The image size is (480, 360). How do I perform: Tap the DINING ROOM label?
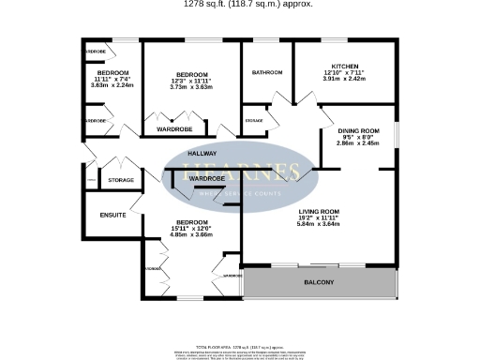coord(358,130)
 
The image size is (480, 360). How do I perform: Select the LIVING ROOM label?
coord(318,212)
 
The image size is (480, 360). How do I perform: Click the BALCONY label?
coord(318,281)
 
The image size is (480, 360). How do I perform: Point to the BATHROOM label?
coord(266,73)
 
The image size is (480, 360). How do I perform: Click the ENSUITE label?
coord(113,216)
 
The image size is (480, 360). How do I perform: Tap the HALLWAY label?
coord(202,153)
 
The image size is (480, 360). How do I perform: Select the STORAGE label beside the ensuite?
coord(120,180)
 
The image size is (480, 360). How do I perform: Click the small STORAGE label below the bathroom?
coord(254,120)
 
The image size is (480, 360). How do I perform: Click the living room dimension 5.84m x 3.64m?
coord(318,224)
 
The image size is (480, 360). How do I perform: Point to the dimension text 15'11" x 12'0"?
coord(191,228)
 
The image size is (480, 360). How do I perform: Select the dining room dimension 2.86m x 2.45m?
coord(358,143)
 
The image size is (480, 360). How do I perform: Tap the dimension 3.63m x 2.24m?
coord(112,84)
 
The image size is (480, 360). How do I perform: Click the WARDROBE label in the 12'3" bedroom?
coord(174,128)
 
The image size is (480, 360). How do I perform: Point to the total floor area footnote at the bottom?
coord(240,347)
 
